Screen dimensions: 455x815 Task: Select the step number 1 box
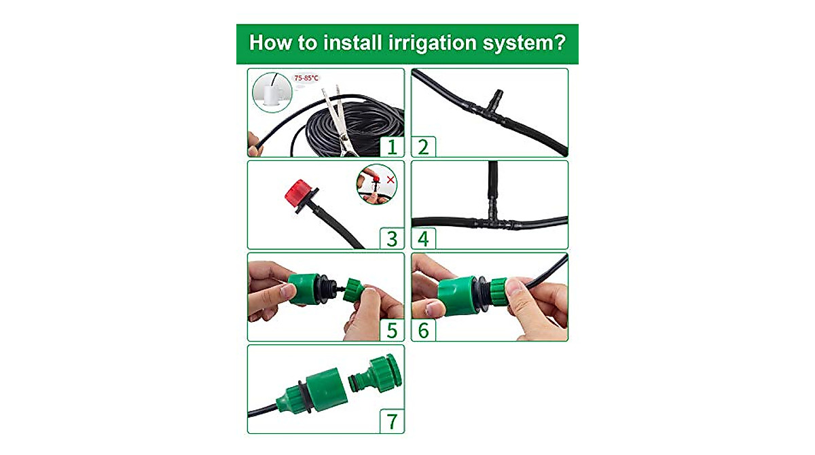[x=391, y=147]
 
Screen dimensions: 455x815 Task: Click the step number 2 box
[x=424, y=147]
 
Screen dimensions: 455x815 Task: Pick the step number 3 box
[x=391, y=238]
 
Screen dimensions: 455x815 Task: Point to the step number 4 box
[x=424, y=238]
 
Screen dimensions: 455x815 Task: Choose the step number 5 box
[x=391, y=330]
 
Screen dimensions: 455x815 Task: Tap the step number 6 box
[x=424, y=330]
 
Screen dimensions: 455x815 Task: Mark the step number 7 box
[x=391, y=422]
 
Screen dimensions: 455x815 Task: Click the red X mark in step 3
[x=391, y=179]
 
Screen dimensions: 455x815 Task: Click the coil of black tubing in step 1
[x=353, y=132]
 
